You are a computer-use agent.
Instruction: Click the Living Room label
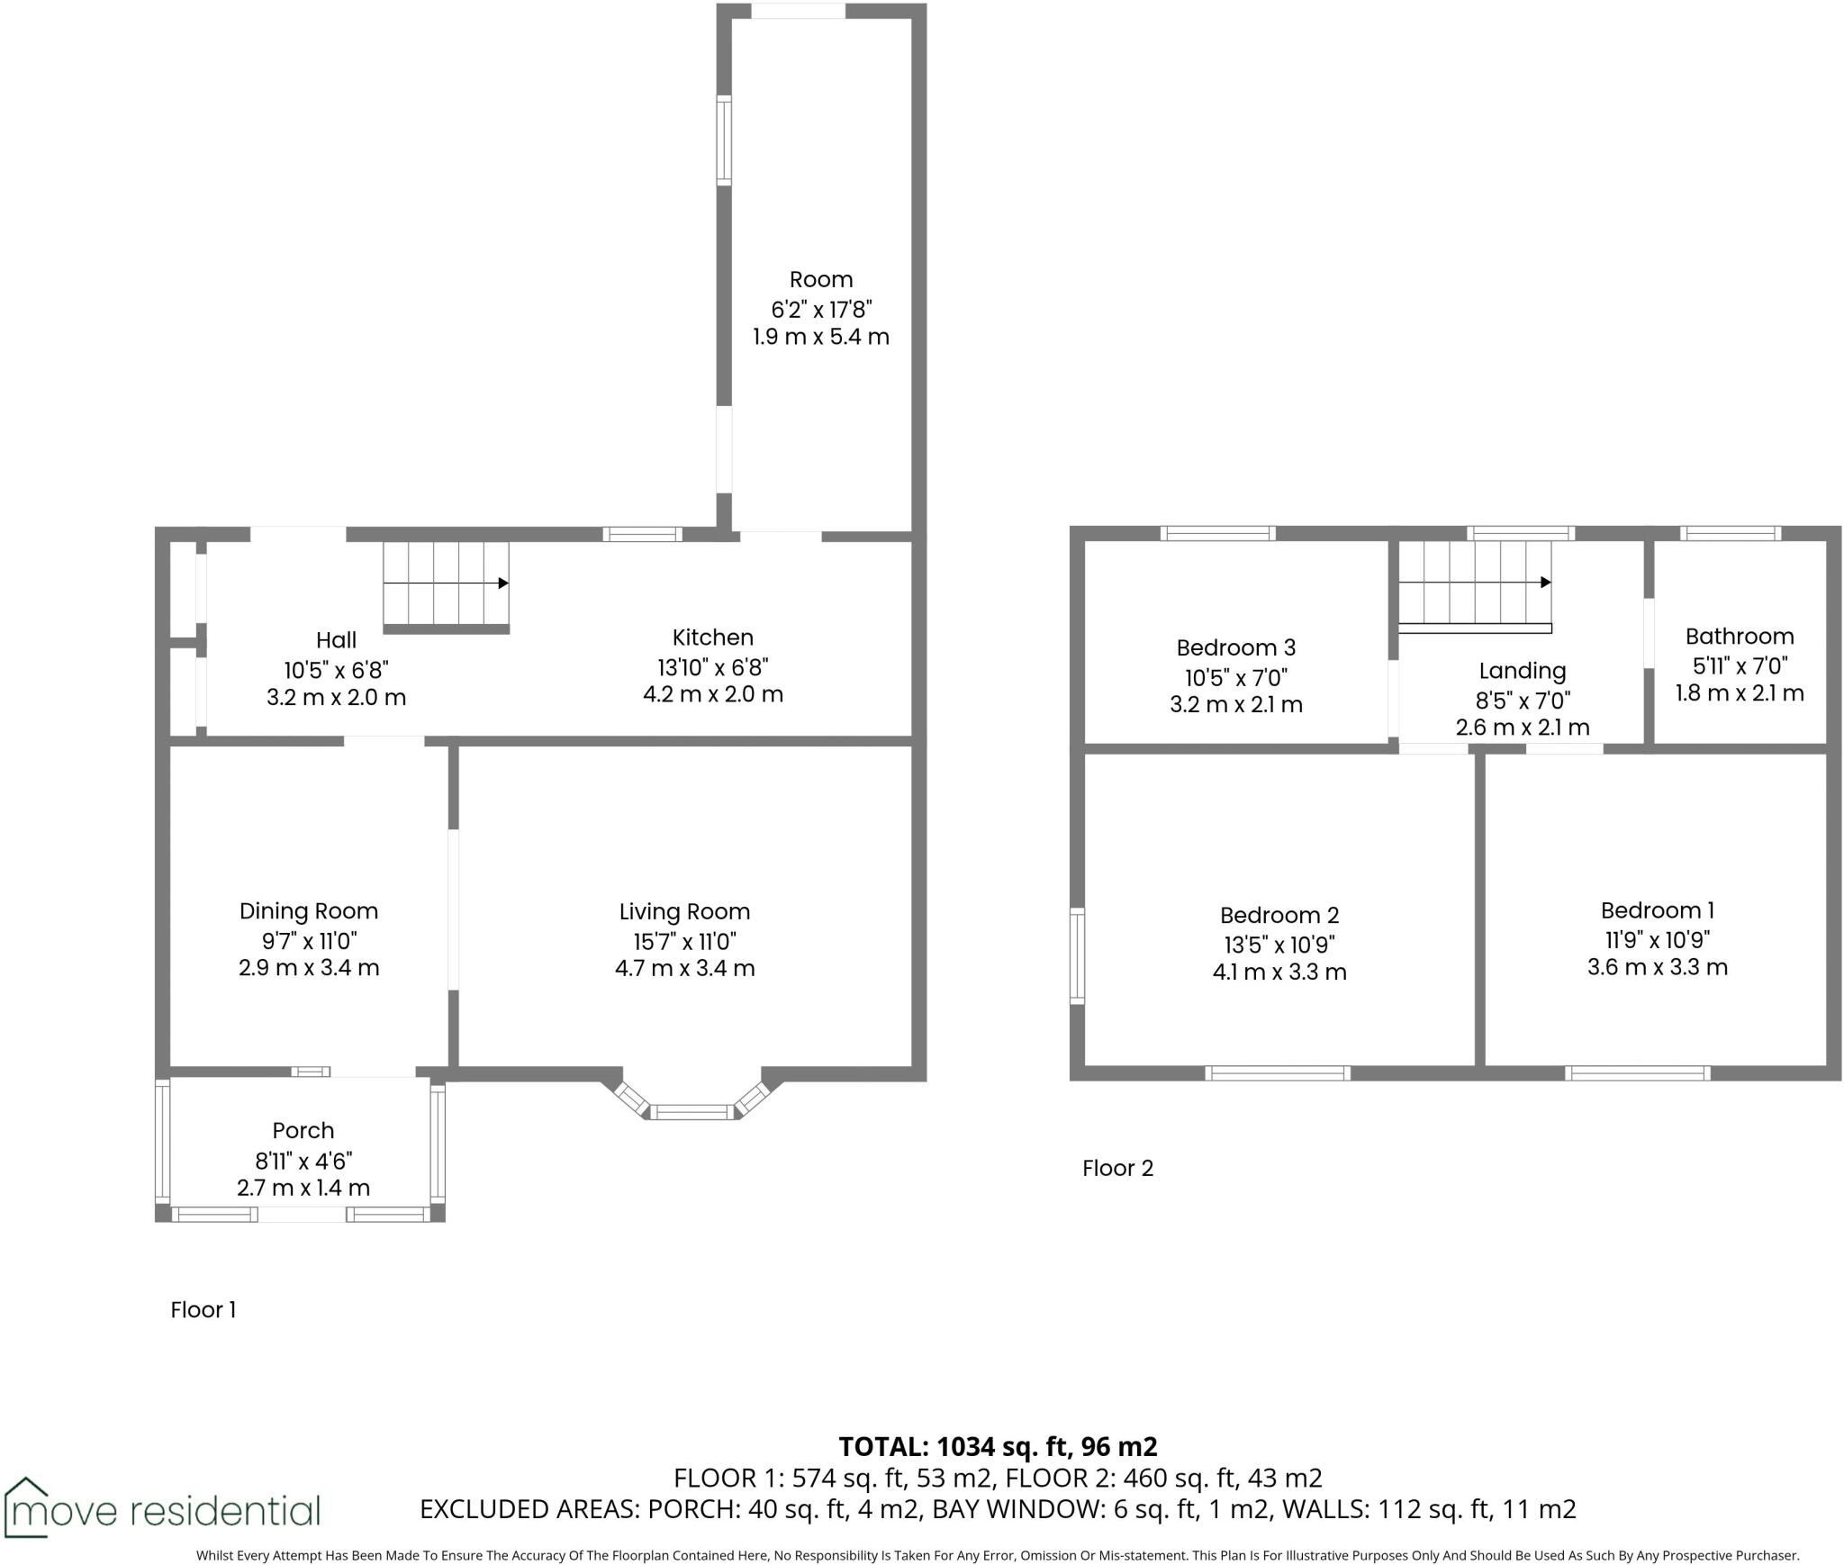coord(684,911)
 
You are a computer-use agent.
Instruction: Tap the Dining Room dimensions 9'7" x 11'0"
coord(309,941)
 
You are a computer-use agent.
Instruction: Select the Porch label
coord(303,1130)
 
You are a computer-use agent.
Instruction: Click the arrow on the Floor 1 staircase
coord(503,583)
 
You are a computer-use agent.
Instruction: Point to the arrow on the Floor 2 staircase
coord(1545,583)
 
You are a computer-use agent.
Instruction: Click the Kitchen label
coord(712,638)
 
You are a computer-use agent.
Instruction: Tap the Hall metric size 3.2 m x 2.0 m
coord(336,697)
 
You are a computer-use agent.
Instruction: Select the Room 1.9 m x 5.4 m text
coord(820,337)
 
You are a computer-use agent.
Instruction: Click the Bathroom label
coord(1739,637)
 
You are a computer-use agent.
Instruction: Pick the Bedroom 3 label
coord(1235,647)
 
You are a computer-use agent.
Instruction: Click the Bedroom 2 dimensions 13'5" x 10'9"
coord(1279,945)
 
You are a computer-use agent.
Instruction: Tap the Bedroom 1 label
coord(1657,910)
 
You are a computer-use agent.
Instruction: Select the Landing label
coord(1522,671)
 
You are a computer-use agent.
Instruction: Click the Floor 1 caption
coord(203,1309)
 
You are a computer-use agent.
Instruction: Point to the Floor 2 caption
coord(1116,1168)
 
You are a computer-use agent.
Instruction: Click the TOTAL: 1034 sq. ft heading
coord(998,1446)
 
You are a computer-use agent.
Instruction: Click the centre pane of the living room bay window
coord(692,1113)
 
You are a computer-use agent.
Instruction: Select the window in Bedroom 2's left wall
coord(1077,955)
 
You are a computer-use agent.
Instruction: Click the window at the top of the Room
coord(798,11)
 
